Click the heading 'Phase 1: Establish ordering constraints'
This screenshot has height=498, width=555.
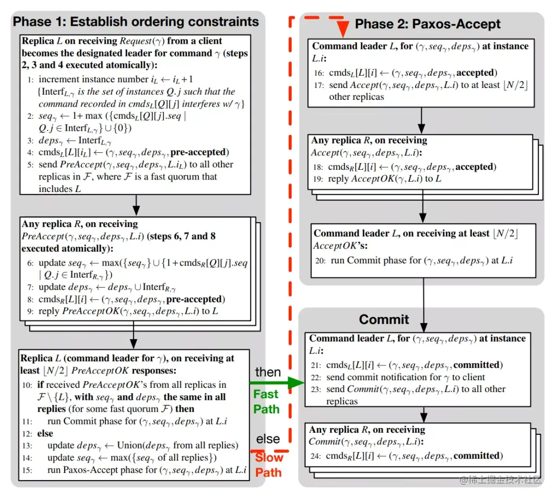[x=136, y=22]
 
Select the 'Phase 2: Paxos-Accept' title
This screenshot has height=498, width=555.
[x=427, y=24]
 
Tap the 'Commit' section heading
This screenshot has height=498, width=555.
[x=384, y=319]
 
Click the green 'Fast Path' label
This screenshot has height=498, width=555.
[x=266, y=402]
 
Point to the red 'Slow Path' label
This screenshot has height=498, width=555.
[x=269, y=465]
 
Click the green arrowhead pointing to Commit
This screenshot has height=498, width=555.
[x=293, y=382]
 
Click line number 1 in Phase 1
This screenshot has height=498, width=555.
[x=30, y=80]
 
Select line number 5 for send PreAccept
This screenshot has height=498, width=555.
[x=30, y=165]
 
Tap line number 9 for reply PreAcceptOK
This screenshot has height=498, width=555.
[x=30, y=311]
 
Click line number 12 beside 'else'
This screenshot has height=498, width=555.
[x=26, y=433]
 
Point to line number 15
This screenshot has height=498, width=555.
[x=26, y=470]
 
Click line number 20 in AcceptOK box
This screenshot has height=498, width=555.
[x=321, y=260]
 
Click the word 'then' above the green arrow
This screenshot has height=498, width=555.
[x=268, y=372]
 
